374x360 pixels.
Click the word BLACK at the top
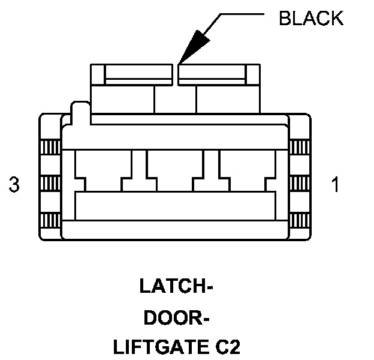pyautogui.click(x=311, y=18)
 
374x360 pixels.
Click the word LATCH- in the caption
pyautogui.click(x=177, y=286)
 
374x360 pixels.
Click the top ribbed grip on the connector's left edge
pyautogui.click(x=50, y=146)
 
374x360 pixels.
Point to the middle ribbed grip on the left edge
pyautogui.click(x=50, y=182)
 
